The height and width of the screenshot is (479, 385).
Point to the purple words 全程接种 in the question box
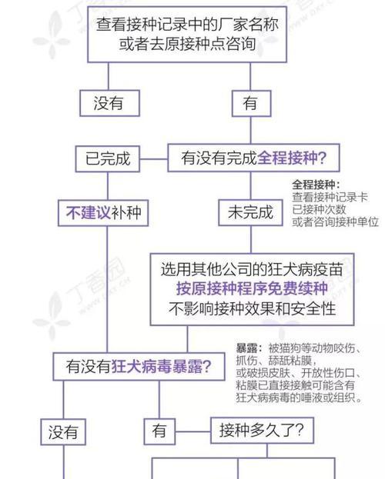tap(287, 158)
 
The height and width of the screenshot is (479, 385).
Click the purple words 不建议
tap(88, 213)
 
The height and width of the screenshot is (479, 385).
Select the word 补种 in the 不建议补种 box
tap(126, 213)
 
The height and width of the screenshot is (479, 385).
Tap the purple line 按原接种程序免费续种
tap(252, 288)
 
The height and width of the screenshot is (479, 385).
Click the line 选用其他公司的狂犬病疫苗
tap(252, 269)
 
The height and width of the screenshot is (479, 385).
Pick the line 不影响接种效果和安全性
tap(252, 308)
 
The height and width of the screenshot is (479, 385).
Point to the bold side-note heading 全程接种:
tap(316, 185)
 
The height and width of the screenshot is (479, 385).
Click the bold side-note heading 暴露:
tap(249, 348)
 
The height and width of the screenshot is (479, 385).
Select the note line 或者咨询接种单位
tap(335, 221)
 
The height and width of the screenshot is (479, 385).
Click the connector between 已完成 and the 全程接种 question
tap(154, 159)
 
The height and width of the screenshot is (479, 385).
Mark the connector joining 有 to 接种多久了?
tap(192, 431)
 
